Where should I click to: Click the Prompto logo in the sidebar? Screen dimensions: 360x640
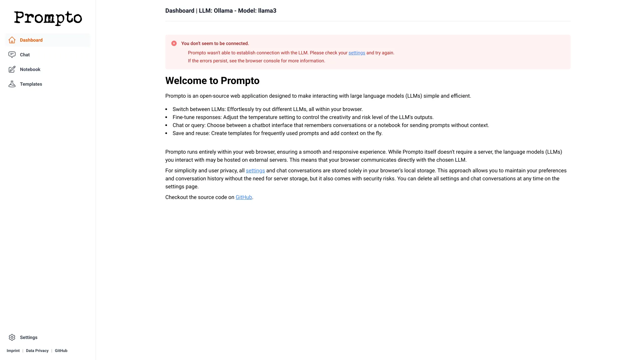tap(48, 18)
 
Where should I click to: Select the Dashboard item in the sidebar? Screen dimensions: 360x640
tap(31, 40)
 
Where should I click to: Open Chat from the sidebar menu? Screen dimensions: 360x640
tap(25, 55)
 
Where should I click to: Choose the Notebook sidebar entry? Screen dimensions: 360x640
tap(30, 70)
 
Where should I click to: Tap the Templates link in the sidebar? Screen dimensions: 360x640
tap(31, 84)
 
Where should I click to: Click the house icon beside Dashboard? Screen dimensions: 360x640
tap(12, 40)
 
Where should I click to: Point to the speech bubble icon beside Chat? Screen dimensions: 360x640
tap(12, 55)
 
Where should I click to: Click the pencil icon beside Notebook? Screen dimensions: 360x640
tap(12, 69)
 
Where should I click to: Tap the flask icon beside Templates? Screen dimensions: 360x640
tap(12, 84)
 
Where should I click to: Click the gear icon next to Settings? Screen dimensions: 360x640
tap(12, 337)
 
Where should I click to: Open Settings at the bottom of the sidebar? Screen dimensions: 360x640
tap(29, 338)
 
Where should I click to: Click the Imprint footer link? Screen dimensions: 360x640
tap(13, 351)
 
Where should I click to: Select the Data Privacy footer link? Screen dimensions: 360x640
tap(37, 351)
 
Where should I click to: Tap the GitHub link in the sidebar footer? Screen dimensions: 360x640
tap(61, 351)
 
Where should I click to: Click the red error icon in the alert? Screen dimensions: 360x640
tap(174, 44)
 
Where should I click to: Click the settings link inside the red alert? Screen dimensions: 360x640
tap(357, 53)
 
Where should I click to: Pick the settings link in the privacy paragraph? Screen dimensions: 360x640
tap(255, 171)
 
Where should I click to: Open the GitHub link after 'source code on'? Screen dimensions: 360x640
tap(244, 197)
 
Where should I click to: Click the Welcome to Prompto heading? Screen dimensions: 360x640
tap(212, 81)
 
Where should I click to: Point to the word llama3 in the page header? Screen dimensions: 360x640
tap(267, 11)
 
